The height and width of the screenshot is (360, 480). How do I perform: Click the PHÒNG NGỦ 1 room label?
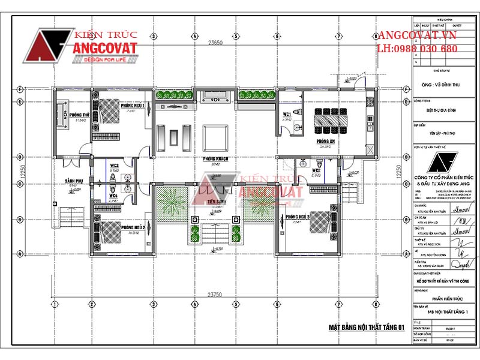(133, 105)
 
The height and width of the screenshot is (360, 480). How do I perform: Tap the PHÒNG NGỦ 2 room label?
(133, 228)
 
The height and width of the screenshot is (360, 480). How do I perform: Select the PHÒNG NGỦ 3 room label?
(298, 217)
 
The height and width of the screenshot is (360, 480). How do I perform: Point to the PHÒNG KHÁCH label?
(214, 159)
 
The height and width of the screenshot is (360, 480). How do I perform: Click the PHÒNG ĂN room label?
(326, 142)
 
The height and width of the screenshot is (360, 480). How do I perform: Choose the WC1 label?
(287, 113)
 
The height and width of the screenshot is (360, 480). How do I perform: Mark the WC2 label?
(316, 171)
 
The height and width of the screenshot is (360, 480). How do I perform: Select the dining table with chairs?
(332, 120)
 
